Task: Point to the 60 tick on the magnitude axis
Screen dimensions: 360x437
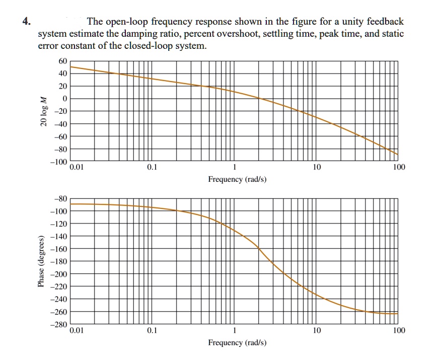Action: [x=62, y=61]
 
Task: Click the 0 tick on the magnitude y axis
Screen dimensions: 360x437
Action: [x=64, y=99]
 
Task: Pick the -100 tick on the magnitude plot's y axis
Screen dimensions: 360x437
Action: [x=59, y=162]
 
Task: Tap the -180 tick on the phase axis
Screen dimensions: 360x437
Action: [x=59, y=261]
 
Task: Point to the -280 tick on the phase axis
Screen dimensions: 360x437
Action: [x=59, y=325]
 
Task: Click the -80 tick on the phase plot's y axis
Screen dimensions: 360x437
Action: [x=61, y=198]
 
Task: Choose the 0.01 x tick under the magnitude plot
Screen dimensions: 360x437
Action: [x=77, y=168]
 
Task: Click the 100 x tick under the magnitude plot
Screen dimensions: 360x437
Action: [x=398, y=168]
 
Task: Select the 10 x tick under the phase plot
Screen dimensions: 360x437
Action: [x=316, y=331]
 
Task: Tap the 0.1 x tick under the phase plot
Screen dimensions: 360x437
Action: [x=152, y=331]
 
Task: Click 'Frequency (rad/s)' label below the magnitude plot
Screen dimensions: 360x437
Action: [x=237, y=179]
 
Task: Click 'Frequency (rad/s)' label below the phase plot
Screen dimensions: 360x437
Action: [x=237, y=343]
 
